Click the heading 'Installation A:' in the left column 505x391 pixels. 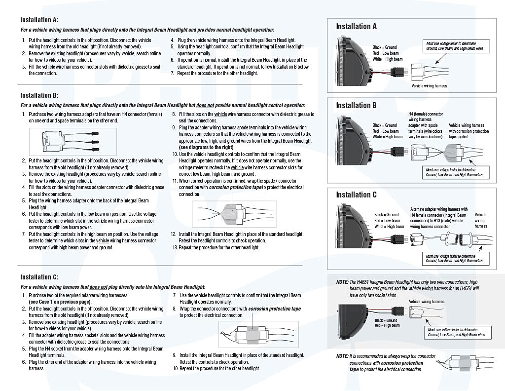pyautogui.click(x=39, y=20)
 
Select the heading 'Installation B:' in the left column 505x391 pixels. pyautogui.click(x=39, y=95)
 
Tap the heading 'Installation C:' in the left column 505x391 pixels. pyautogui.click(x=39, y=277)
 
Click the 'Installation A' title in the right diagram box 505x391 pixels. pyautogui.click(x=356, y=26)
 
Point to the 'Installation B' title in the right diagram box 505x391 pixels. pyautogui.click(x=356, y=105)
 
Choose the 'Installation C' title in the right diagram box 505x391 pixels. pyautogui.click(x=356, y=195)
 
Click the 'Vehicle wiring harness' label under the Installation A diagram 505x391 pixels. pyautogui.click(x=429, y=85)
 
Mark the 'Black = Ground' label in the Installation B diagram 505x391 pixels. pyautogui.click(x=385, y=125)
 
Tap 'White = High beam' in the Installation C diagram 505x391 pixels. pyautogui.click(x=389, y=227)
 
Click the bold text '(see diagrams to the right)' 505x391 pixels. pyautogui.click(x=206, y=147)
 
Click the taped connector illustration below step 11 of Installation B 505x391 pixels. pyautogui.click(x=234, y=213)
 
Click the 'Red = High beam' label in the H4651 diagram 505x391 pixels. pyautogui.click(x=387, y=325)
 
